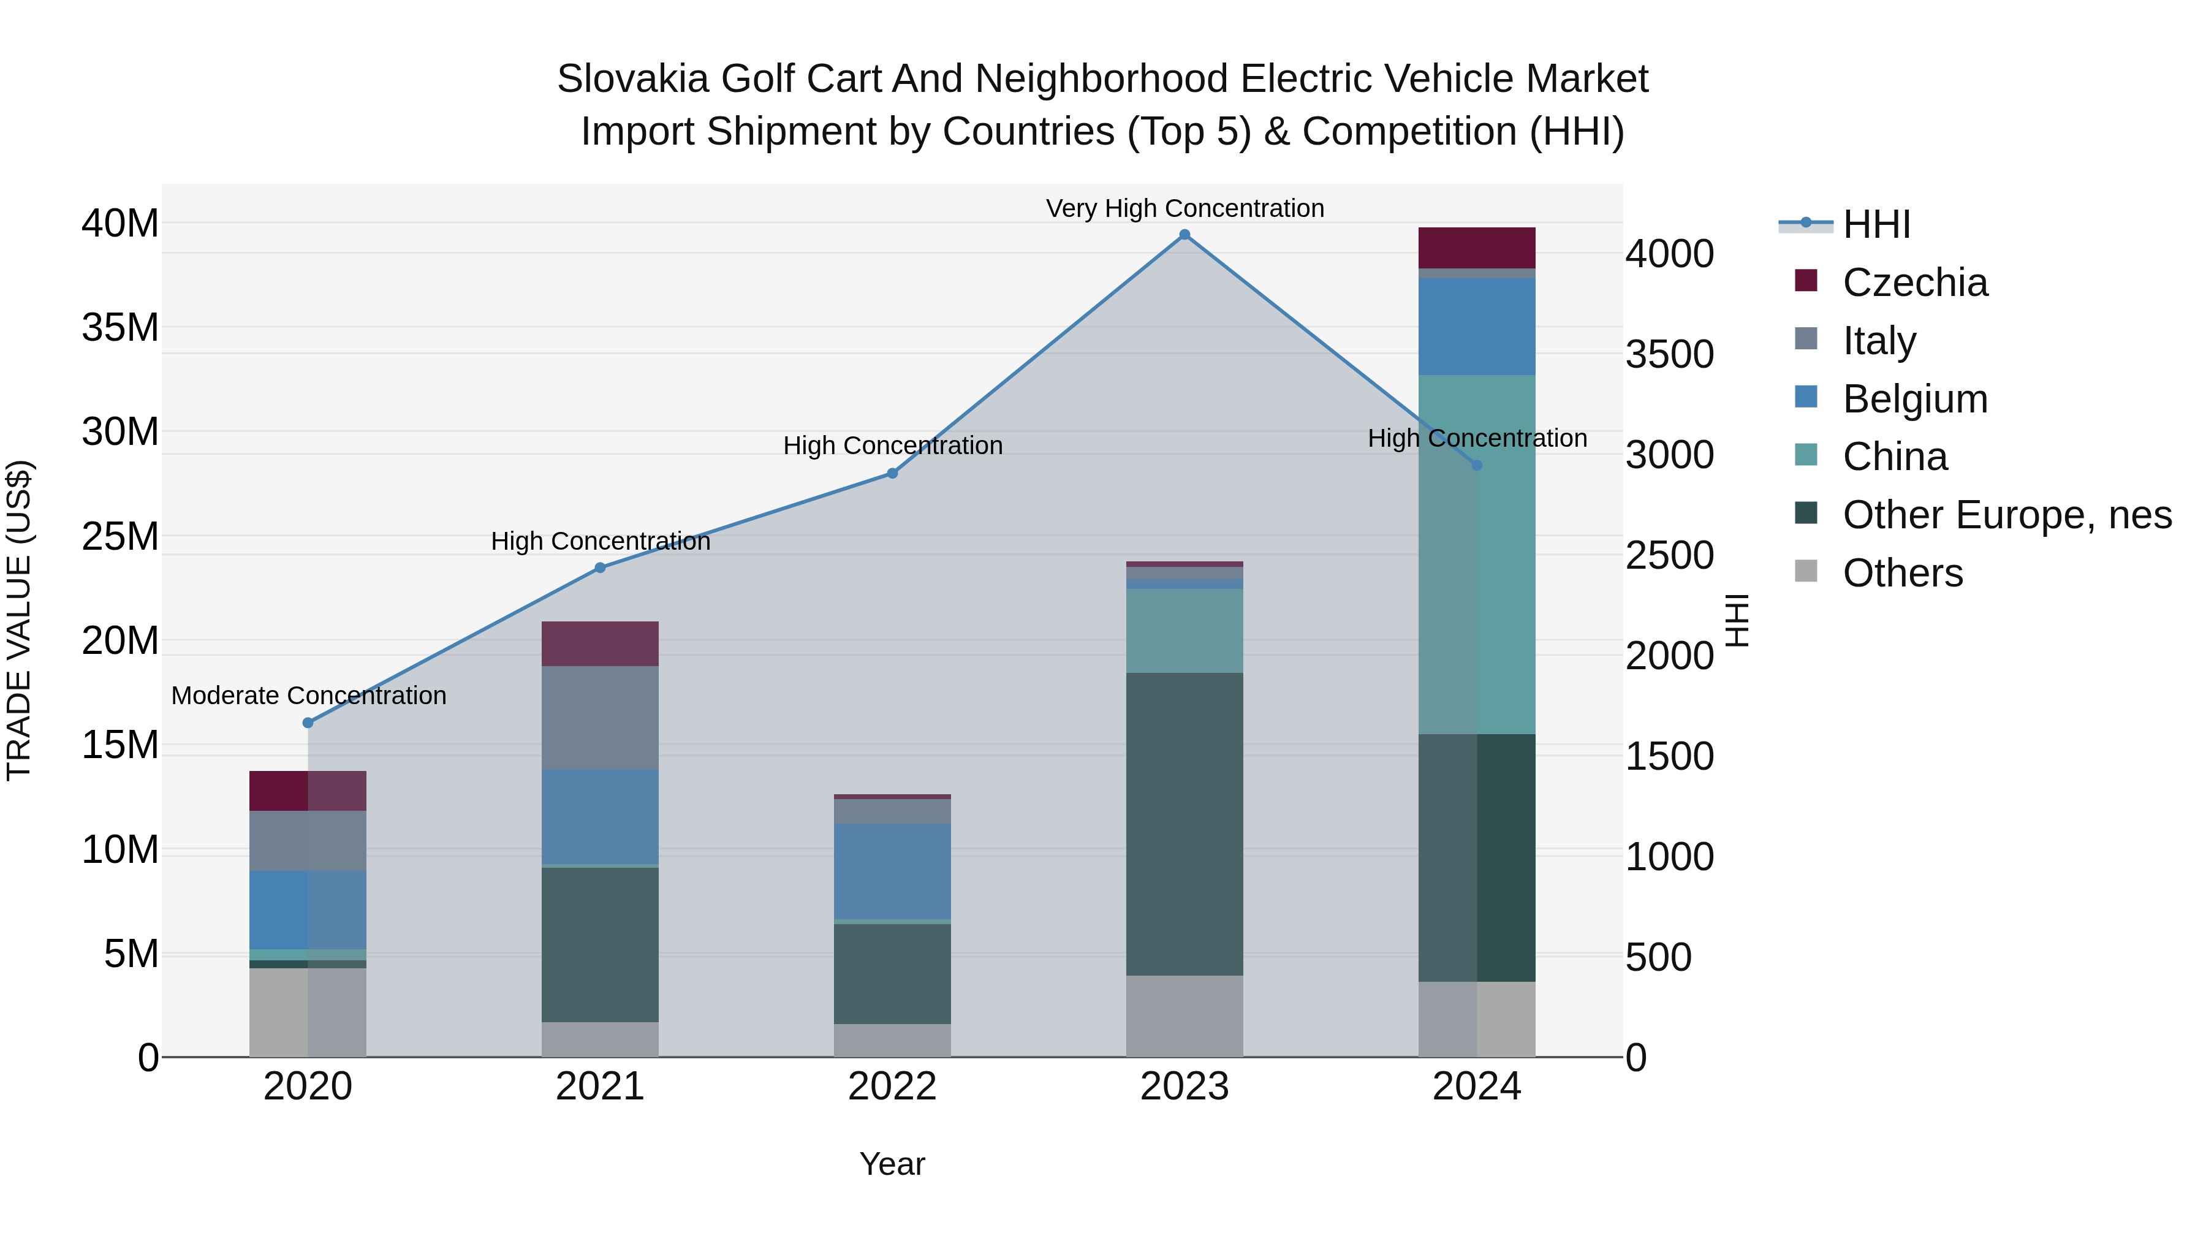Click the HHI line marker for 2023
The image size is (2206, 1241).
(x=1184, y=235)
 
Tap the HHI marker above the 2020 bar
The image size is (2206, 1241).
(x=308, y=723)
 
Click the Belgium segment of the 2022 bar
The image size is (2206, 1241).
(x=892, y=871)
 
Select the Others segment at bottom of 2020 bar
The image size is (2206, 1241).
(x=308, y=1012)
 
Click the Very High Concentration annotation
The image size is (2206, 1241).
(x=1184, y=208)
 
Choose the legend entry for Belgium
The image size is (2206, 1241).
(x=1915, y=399)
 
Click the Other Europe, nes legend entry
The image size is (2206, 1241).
(x=2006, y=515)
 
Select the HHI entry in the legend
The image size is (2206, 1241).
(x=1876, y=224)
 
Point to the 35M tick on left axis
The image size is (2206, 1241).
(x=120, y=328)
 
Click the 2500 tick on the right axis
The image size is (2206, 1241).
(x=1670, y=556)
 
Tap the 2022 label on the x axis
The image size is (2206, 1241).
(x=892, y=1087)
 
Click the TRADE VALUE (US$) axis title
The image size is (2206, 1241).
(x=19, y=620)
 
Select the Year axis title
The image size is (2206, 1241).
(x=892, y=1164)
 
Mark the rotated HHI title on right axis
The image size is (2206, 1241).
(x=1736, y=620)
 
